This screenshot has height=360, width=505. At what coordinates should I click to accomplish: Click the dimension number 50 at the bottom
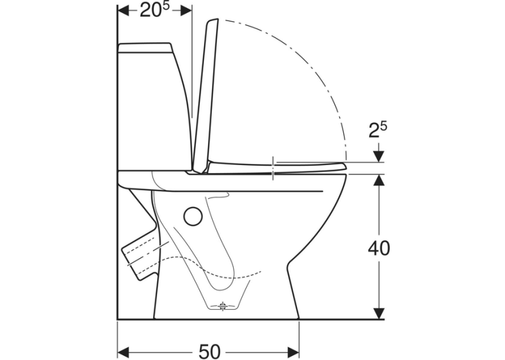click(x=210, y=351)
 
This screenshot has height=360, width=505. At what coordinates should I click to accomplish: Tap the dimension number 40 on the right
click(x=379, y=248)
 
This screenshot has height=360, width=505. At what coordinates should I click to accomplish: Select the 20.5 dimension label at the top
click(x=154, y=10)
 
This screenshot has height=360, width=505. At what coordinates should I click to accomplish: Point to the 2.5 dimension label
click(x=378, y=130)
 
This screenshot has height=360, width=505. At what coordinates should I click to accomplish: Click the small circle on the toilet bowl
click(x=193, y=216)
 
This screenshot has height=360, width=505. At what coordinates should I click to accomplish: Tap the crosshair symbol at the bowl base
click(x=223, y=306)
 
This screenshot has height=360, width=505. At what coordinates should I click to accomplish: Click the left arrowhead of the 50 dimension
click(x=123, y=351)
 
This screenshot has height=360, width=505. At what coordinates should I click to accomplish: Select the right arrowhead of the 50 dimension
click(x=293, y=351)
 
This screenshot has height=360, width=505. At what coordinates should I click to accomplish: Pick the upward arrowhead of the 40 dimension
click(x=380, y=180)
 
